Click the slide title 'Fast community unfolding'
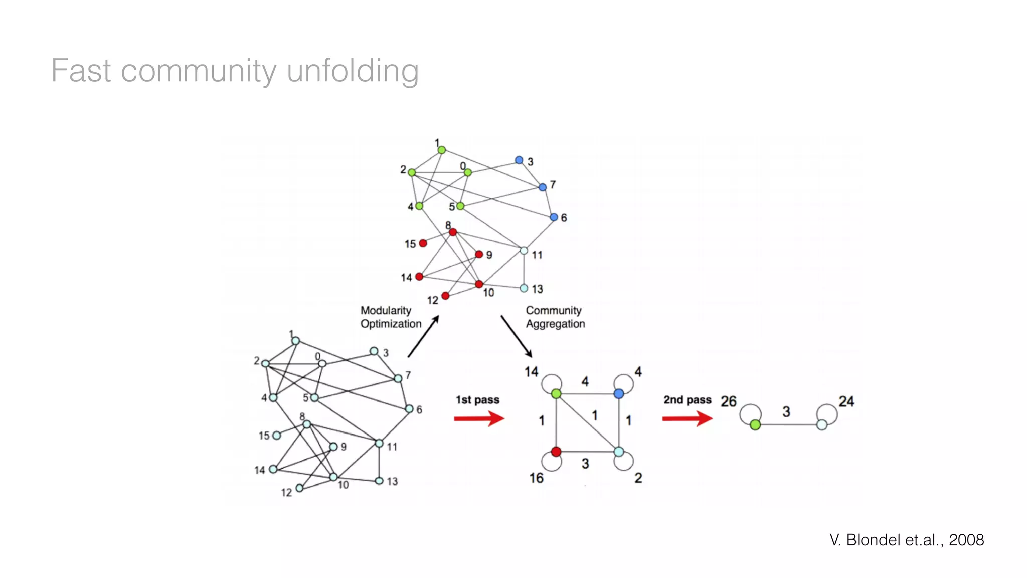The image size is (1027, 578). tap(235, 71)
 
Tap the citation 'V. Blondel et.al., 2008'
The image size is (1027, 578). tap(906, 540)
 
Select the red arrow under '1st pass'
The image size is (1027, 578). tap(479, 418)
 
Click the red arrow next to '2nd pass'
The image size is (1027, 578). tap(687, 418)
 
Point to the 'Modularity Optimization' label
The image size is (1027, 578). tap(391, 317)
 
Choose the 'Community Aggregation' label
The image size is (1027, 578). tap(555, 317)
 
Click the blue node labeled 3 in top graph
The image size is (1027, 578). tap(519, 160)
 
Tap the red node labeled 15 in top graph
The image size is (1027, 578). tap(423, 243)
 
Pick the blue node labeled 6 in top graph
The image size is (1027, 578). tap(554, 217)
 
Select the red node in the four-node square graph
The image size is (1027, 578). tap(556, 452)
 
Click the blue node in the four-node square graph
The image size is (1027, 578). tap(619, 394)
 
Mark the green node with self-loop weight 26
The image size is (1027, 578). tap(756, 425)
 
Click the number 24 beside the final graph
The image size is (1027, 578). tap(846, 401)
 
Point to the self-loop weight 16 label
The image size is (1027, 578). tap(537, 478)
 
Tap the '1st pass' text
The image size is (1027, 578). tap(477, 400)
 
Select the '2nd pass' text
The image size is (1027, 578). tap(688, 400)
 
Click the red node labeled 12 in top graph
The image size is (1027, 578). tap(445, 296)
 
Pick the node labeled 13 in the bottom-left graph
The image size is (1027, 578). tap(380, 481)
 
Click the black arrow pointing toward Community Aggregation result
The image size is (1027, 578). tap(517, 337)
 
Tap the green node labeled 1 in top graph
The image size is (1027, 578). tap(442, 150)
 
